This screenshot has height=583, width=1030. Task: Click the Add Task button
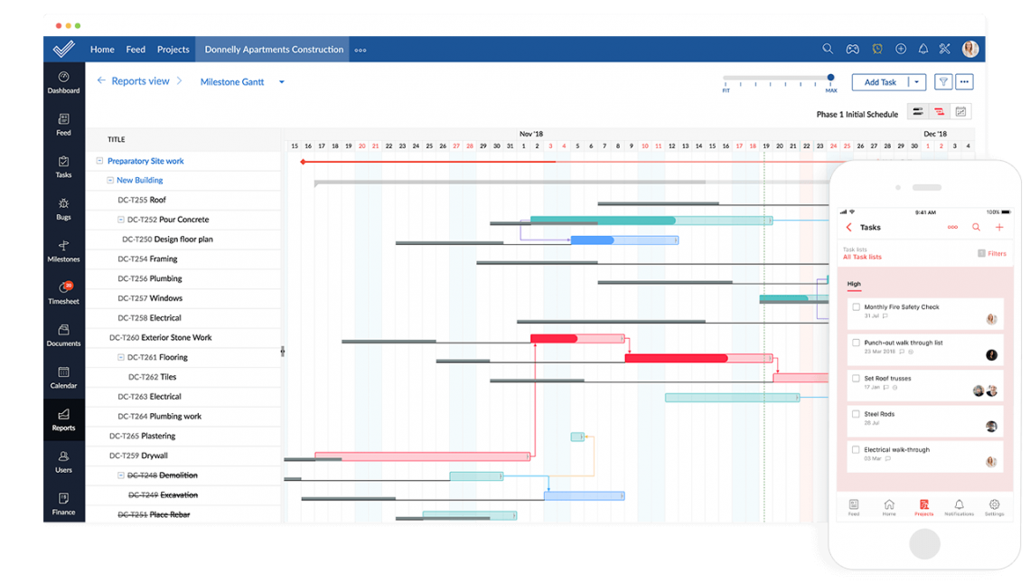coord(879,82)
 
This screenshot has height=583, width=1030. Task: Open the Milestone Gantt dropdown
coord(281,82)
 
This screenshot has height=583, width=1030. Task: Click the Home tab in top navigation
coord(102,50)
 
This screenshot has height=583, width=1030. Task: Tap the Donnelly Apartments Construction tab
coord(274,50)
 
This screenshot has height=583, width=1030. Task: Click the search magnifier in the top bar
coord(828,49)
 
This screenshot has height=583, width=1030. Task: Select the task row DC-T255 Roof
coord(157,200)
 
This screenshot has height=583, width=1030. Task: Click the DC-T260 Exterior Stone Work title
coord(176,338)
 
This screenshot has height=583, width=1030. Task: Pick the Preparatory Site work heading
coord(145,161)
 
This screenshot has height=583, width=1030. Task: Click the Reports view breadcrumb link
coord(140,81)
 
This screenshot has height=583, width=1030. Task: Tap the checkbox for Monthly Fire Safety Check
coord(856,307)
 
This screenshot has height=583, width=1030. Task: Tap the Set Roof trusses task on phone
coord(887,379)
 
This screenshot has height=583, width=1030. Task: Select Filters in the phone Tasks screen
coord(997,254)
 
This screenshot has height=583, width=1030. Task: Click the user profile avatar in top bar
coord(969,49)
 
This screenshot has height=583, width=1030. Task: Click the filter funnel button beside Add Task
coord(943,82)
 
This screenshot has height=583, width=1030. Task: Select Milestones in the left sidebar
coord(63,250)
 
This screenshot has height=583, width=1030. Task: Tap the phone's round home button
coord(924,544)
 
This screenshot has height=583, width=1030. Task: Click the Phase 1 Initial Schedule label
coord(857,115)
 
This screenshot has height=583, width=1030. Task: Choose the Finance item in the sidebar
coord(63,503)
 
